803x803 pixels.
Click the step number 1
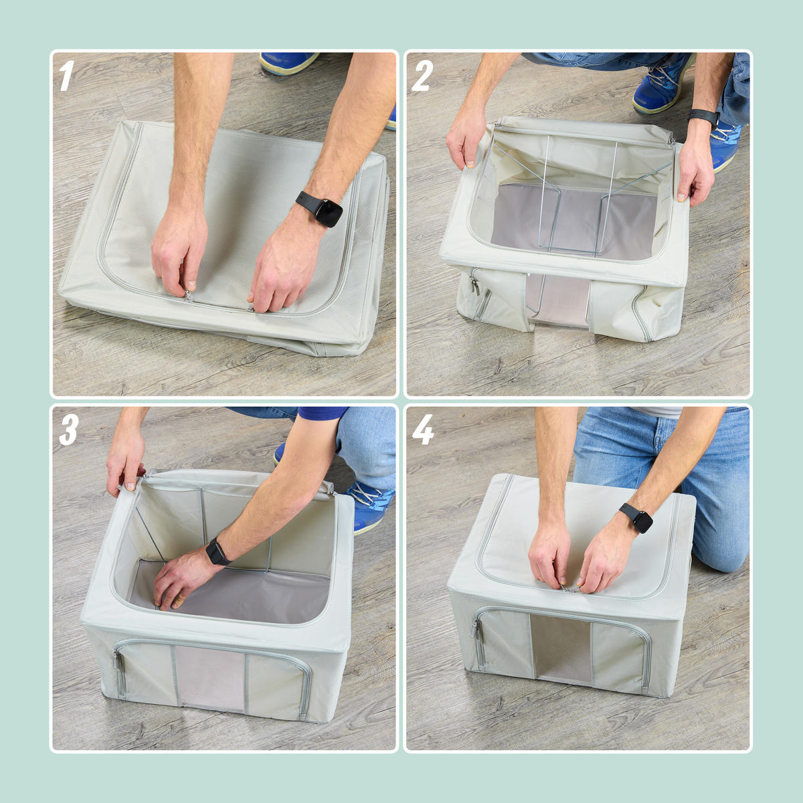66,76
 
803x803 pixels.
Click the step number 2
422,76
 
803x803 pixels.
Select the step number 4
423,430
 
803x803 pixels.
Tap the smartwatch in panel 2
704,116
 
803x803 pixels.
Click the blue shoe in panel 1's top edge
288,62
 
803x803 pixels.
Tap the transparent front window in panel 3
210,679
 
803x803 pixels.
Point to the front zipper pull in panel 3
118,663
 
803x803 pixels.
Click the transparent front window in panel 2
557,299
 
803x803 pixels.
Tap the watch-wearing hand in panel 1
282,267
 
